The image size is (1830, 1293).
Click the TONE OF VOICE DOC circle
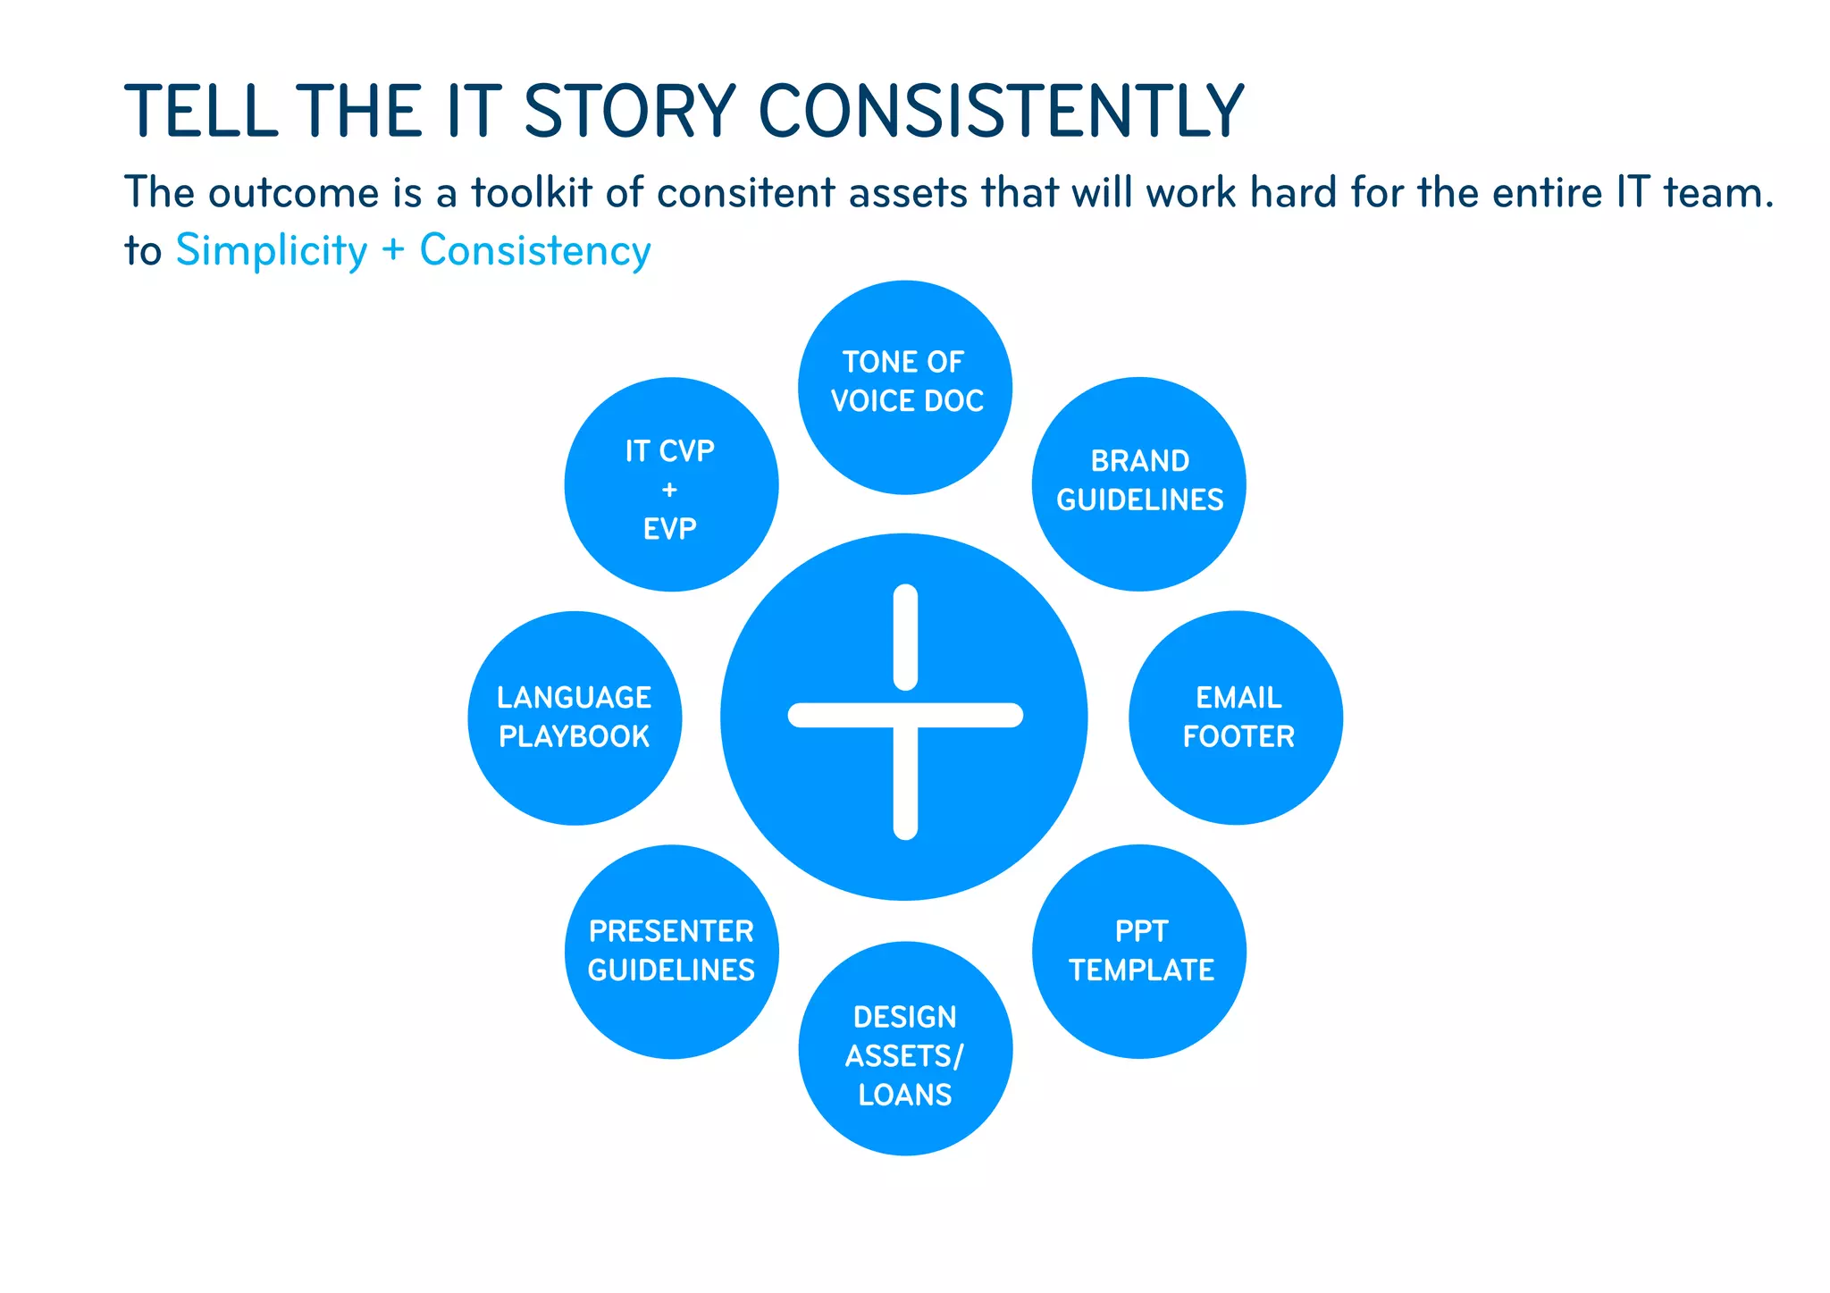tap(904, 386)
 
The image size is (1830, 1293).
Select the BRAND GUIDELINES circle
tap(1138, 483)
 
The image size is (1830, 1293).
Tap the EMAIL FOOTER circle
tap(1236, 718)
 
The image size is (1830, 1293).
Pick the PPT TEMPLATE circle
tap(1139, 951)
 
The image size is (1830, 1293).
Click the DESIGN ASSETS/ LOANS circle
tap(905, 1048)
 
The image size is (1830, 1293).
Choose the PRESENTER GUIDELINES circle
tap(671, 951)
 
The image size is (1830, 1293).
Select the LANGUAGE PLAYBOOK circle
tap(575, 718)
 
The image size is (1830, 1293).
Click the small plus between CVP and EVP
tap(669, 490)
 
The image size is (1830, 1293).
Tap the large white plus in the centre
tap(905, 714)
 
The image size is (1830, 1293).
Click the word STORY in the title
tap(629, 112)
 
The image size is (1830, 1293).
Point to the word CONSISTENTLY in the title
tap(1001, 112)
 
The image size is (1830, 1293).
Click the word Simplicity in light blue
tap(272, 251)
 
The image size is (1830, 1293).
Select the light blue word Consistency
tap(535, 251)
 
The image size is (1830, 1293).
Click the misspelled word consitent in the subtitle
tap(745, 193)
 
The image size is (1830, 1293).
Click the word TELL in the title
tap(201, 112)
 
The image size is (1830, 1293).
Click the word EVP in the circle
tap(669, 529)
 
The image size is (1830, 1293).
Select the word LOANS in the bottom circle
tap(905, 1095)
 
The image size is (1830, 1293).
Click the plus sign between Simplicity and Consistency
tap(393, 251)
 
